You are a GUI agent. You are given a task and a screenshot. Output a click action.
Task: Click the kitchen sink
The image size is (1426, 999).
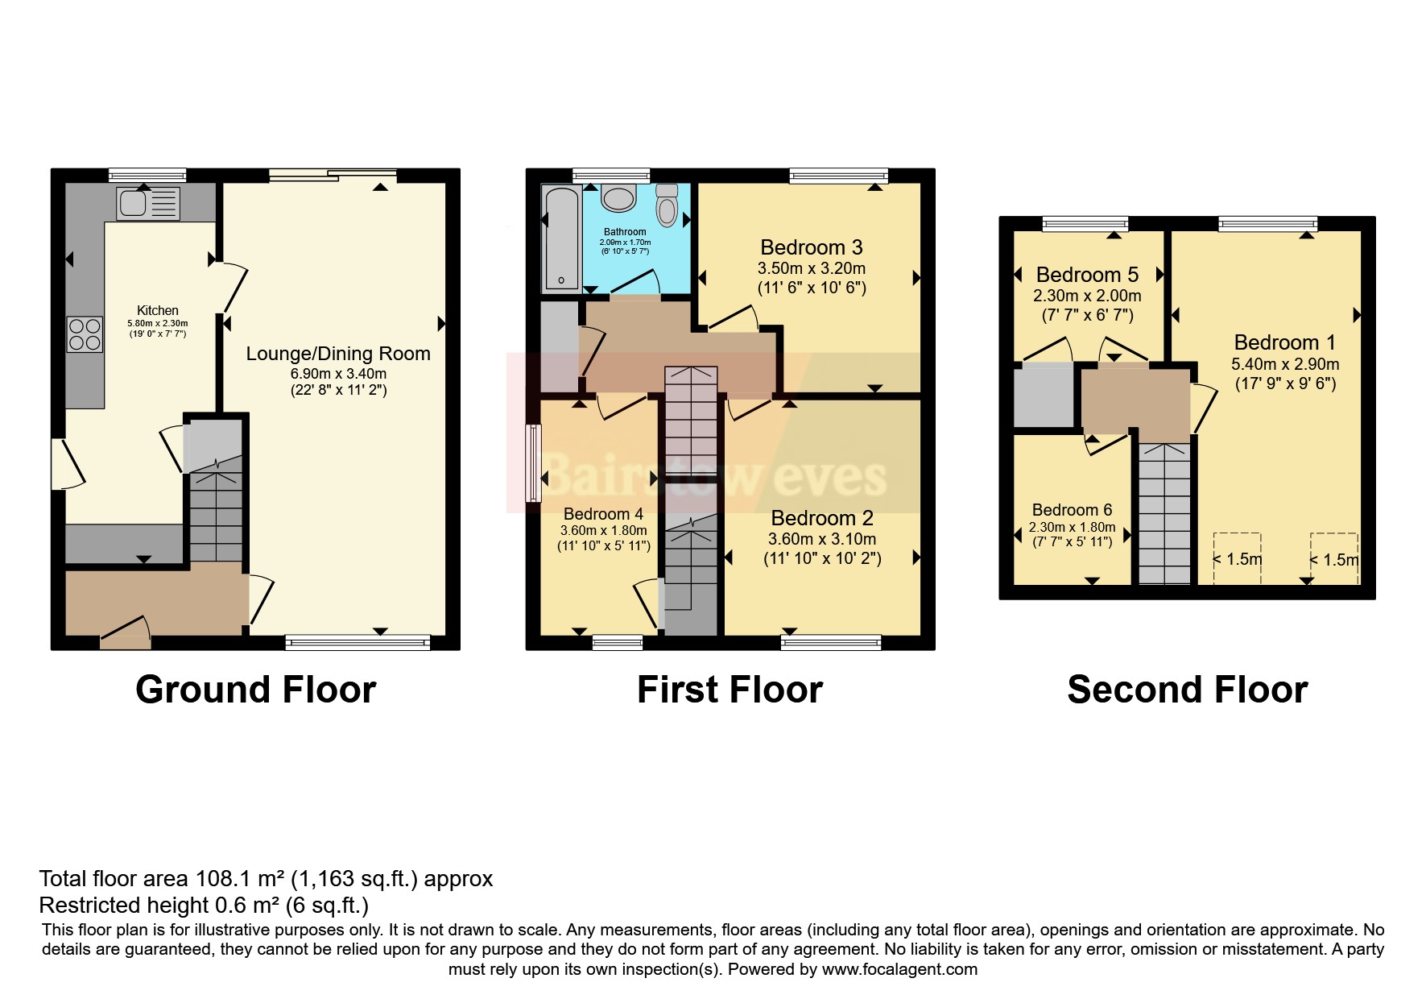(148, 203)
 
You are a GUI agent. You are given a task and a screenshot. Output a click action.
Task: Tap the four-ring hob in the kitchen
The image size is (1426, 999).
(85, 334)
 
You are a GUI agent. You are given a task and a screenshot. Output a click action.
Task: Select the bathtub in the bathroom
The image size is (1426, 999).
(562, 237)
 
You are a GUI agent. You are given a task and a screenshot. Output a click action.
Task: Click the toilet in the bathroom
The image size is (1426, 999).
(668, 205)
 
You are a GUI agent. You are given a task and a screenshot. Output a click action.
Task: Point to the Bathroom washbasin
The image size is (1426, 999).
(618, 197)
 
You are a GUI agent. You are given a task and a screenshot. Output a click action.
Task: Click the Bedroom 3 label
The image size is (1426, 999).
(811, 247)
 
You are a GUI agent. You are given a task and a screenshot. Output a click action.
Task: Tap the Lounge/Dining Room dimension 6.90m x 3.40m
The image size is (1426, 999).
(338, 374)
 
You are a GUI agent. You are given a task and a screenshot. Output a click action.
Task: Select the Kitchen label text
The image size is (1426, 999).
(158, 310)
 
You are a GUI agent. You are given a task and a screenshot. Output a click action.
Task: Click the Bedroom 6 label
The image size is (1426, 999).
(1072, 510)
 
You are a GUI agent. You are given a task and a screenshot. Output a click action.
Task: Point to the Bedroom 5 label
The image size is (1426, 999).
(1087, 275)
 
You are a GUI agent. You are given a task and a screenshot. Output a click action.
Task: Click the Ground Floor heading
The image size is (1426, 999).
(255, 690)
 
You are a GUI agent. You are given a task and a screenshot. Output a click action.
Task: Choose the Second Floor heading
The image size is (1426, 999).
(1187, 690)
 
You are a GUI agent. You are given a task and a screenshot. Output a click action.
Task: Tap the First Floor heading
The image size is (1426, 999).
(730, 690)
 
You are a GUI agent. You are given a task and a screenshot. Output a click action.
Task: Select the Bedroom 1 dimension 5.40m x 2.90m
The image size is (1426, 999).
(1285, 364)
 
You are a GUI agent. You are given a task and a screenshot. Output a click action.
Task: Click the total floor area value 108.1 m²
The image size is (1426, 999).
(240, 878)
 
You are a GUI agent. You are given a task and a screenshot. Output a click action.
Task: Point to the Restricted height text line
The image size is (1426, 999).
(204, 905)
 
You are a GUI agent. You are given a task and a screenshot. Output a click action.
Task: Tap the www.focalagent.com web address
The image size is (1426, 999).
(899, 969)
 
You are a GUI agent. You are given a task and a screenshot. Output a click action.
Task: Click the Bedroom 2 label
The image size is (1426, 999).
(822, 518)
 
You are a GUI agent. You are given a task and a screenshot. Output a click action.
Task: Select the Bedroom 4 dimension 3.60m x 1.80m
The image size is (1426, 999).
(603, 531)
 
